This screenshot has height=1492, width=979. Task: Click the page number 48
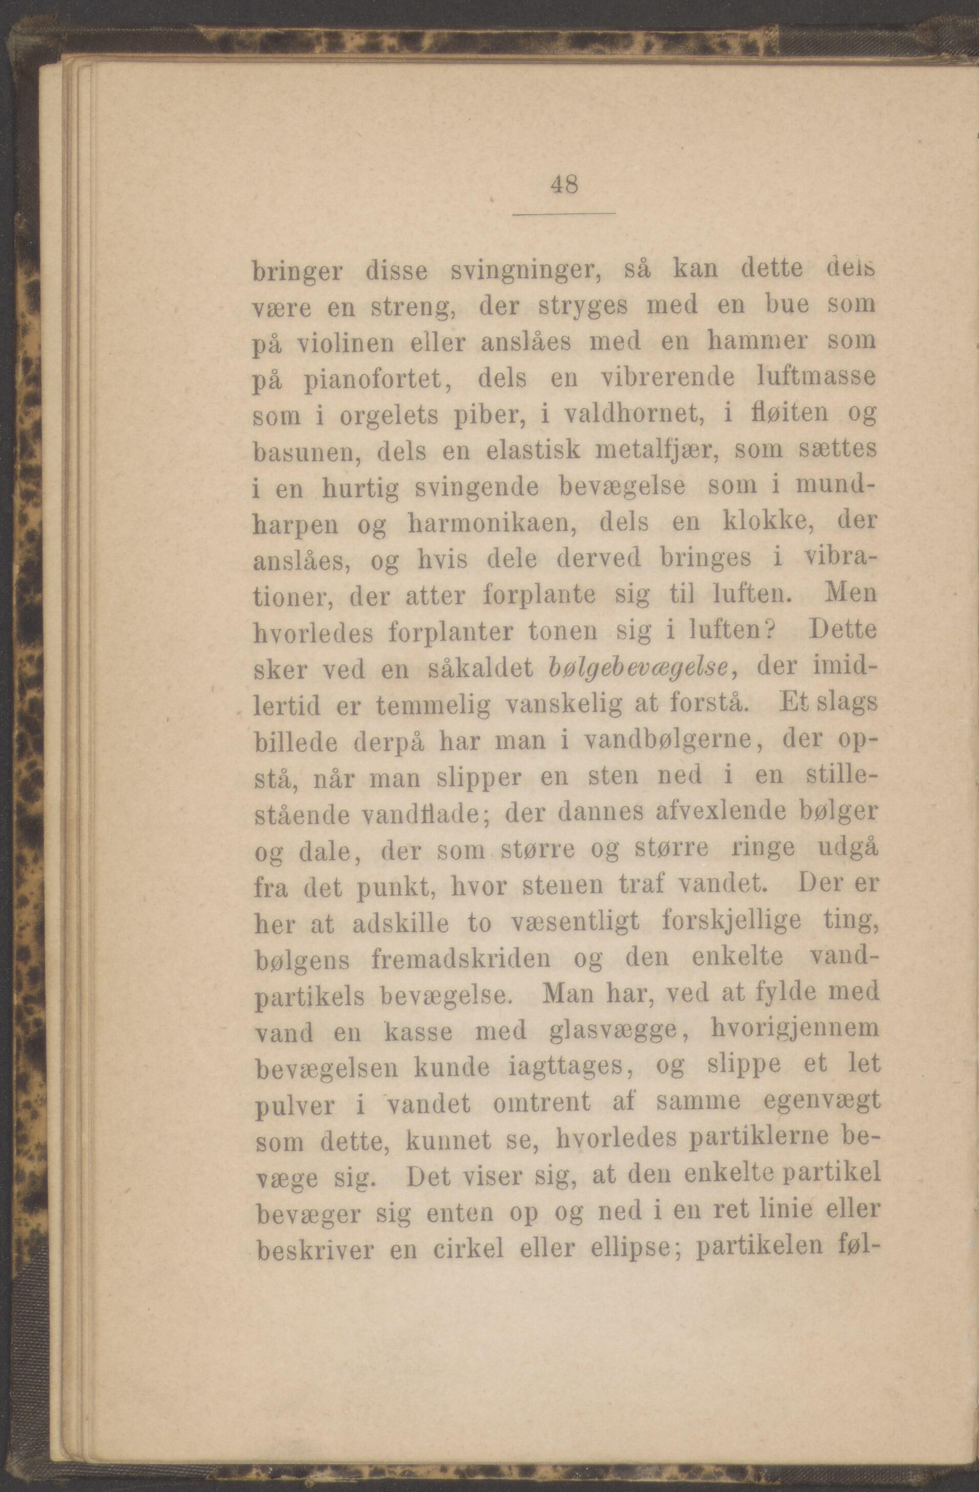pos(564,186)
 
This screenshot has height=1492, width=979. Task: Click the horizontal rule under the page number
pos(564,214)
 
